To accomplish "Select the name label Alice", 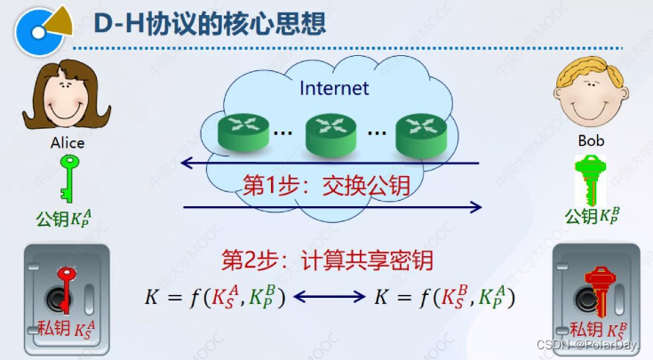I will (68, 142).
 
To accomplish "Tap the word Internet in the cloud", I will (334, 88).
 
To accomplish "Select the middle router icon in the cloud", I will (330, 132).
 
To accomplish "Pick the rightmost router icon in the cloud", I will (419, 132).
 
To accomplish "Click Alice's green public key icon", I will (68, 178).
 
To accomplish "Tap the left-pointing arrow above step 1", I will (329, 164).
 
